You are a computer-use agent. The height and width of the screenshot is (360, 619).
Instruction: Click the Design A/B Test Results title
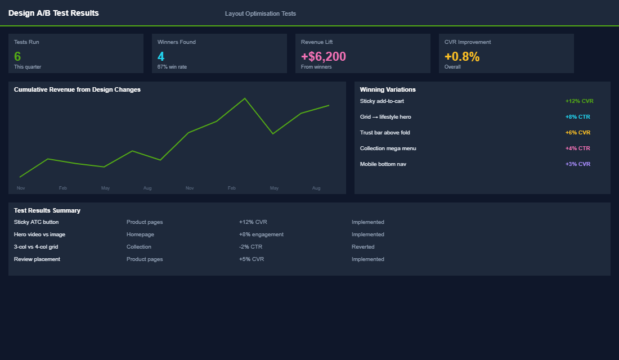point(53,13)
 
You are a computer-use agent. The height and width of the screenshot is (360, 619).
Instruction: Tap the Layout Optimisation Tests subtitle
point(260,13)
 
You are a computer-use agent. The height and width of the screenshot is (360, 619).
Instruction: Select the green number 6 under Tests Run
point(17,56)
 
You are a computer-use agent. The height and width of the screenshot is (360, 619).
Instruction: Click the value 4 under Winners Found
point(161,56)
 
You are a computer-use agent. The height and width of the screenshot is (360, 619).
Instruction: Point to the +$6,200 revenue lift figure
point(324,56)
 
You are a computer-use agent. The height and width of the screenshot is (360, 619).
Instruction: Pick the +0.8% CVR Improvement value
point(462,56)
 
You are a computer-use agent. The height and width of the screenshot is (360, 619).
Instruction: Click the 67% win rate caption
point(172,67)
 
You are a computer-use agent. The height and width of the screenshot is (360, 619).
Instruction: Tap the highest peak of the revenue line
point(245,98)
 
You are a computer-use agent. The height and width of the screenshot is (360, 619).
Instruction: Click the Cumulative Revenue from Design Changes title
point(77,89)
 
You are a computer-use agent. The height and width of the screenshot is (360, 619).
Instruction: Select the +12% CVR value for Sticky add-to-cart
point(579,101)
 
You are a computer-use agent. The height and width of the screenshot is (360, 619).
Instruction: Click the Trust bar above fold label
point(385,133)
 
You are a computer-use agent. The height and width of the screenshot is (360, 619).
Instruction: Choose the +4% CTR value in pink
point(577,148)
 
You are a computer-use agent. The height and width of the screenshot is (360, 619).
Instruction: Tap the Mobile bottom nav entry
point(383,164)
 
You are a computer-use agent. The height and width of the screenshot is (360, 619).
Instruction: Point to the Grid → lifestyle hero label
point(385,117)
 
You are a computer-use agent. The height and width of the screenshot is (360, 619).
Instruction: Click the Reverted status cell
point(363,247)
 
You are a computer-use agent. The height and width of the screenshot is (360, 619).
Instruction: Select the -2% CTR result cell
point(250,247)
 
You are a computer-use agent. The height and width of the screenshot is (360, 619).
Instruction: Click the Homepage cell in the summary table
point(140,235)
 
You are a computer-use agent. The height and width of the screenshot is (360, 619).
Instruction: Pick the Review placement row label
point(37,259)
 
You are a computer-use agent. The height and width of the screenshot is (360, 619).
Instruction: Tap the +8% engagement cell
point(261,235)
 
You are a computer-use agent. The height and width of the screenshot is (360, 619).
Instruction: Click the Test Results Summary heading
point(47,210)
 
